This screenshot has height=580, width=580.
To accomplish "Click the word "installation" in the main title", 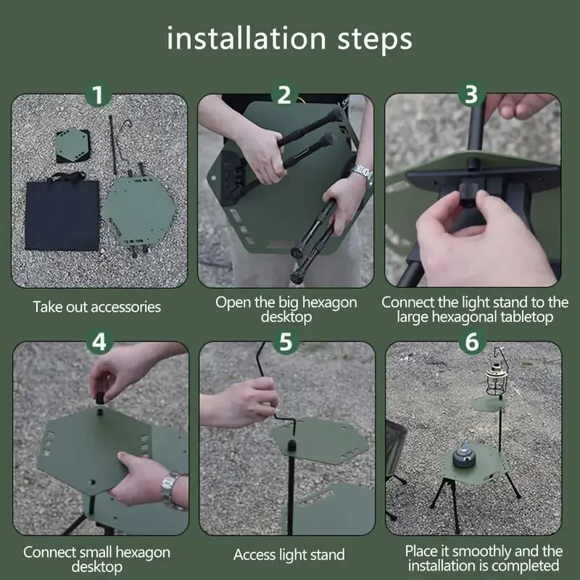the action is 246,38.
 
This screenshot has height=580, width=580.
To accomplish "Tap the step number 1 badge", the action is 98,95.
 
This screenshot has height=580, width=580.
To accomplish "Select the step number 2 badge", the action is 284,95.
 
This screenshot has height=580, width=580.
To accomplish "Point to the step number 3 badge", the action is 471,94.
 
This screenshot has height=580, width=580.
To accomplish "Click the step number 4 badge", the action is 99,341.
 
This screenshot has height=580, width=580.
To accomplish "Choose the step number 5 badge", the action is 286,341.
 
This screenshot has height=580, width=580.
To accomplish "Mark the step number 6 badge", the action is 472,341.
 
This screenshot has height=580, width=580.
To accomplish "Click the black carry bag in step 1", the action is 62,212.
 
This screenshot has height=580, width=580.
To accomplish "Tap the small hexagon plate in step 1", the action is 72,145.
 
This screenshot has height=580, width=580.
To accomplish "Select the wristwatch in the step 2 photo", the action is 362,175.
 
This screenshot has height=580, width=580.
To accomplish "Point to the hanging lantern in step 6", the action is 496,379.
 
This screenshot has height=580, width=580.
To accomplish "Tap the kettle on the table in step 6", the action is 463,457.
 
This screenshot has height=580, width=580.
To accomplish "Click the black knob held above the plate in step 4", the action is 99,399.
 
